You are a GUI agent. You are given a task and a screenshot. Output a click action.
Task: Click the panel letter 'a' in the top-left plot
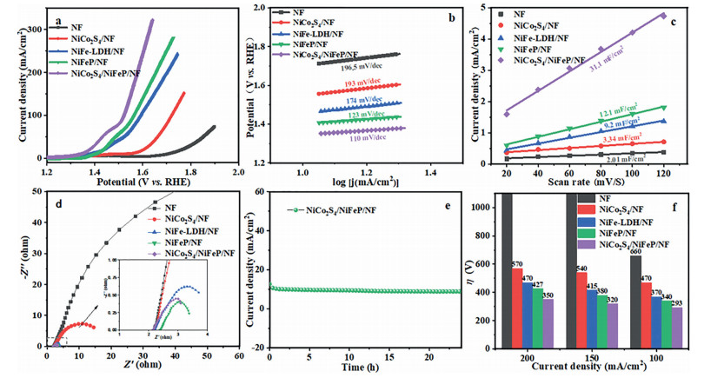coord(55,18)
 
